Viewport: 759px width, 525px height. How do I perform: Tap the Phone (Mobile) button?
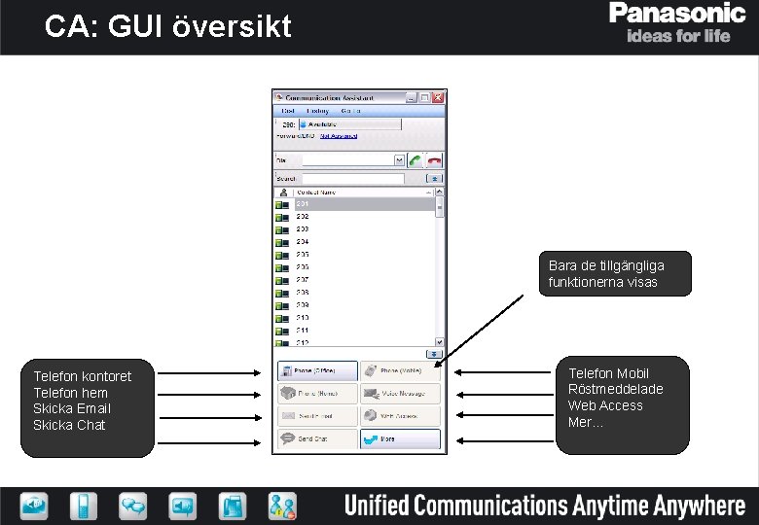(x=400, y=370)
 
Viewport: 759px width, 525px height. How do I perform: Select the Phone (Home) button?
(x=317, y=393)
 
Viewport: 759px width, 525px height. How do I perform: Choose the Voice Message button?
(x=400, y=393)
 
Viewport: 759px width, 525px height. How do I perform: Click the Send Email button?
(x=317, y=416)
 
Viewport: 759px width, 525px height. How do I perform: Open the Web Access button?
(x=400, y=416)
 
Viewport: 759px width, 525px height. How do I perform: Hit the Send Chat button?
(x=317, y=439)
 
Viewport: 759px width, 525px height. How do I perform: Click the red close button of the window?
(x=439, y=97)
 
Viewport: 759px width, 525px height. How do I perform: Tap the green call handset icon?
(x=416, y=159)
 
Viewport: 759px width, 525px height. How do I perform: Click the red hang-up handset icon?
(x=434, y=159)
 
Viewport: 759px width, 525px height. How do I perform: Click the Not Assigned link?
(x=338, y=136)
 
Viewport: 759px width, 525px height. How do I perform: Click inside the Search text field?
(x=352, y=179)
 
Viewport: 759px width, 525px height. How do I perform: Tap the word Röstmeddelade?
(x=615, y=390)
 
